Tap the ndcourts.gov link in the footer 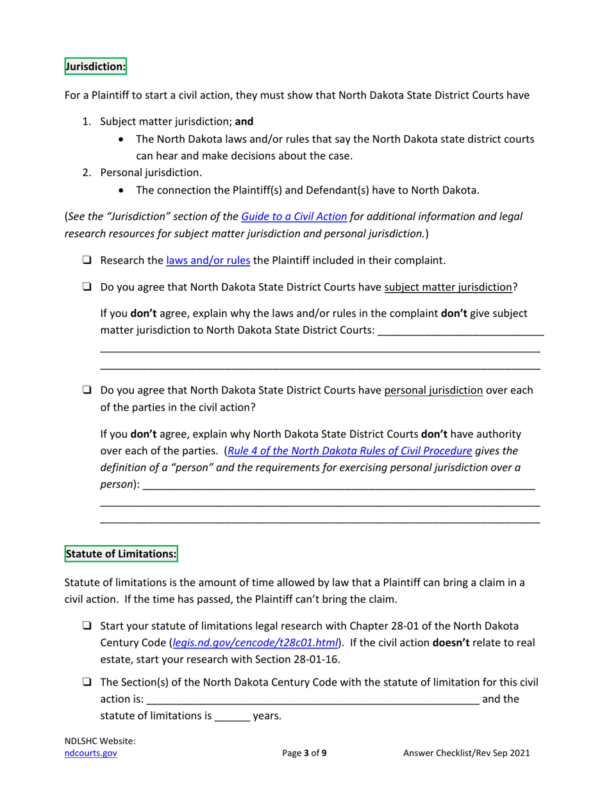coord(91,754)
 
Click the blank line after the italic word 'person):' coord(338,486)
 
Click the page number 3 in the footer coord(307,754)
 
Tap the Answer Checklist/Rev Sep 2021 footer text coord(467,754)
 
